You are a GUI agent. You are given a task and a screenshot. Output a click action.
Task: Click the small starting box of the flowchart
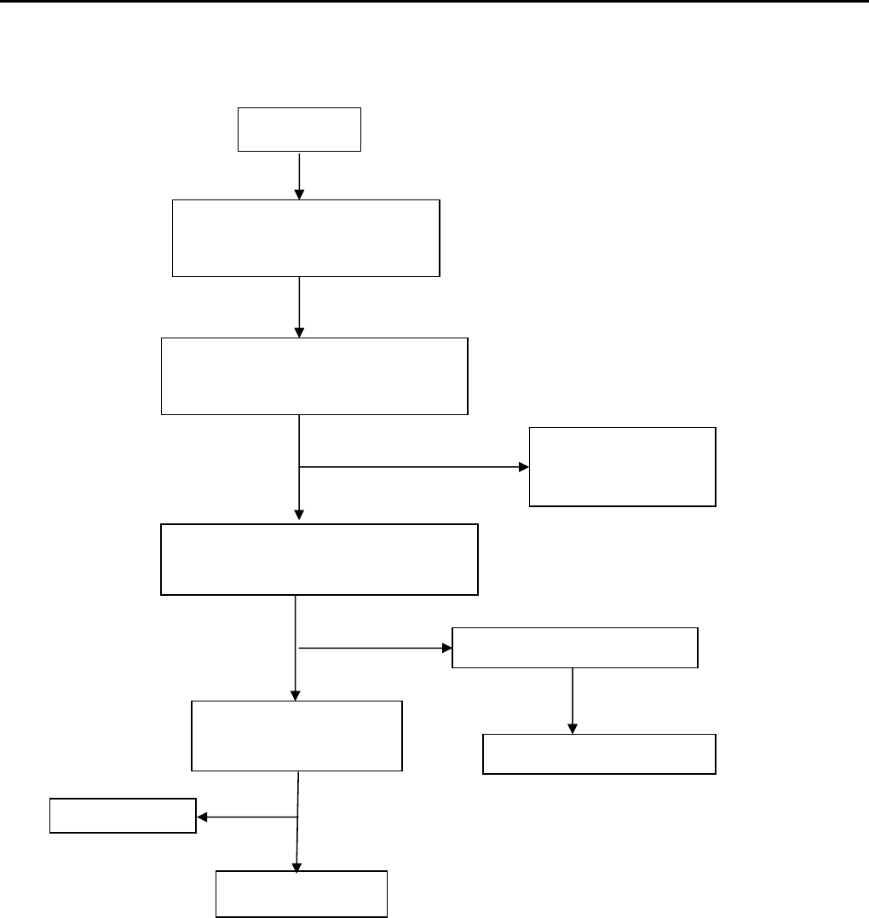point(299,130)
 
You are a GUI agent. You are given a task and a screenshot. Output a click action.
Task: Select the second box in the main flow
point(306,238)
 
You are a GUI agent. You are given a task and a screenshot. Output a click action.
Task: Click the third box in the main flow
point(314,376)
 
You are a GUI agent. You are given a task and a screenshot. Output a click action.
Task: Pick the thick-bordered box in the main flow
point(319,559)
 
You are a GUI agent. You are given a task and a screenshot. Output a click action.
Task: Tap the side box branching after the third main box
point(623,467)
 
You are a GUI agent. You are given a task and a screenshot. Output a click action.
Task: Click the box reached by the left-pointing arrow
point(123,816)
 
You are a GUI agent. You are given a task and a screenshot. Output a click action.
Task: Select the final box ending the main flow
point(302,894)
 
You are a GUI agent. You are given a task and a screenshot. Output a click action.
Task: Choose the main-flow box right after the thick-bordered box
point(296,736)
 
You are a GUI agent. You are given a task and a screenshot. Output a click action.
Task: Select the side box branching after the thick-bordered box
point(574,648)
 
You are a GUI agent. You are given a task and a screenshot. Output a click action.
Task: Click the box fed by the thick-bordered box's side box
point(599,753)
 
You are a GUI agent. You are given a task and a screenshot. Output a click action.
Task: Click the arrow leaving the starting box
point(299,176)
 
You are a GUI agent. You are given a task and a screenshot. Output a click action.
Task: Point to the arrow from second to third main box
point(299,307)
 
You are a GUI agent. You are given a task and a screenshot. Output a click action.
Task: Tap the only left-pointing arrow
point(247,817)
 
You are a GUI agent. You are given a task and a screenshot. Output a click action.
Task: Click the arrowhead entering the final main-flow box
point(296,865)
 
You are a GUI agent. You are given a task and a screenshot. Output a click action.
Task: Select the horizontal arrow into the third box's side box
point(414,467)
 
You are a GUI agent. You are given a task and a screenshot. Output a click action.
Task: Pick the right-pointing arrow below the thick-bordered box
point(375,648)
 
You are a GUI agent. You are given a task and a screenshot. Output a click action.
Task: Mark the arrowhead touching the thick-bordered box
point(299,514)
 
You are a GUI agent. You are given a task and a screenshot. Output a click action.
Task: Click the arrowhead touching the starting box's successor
point(299,194)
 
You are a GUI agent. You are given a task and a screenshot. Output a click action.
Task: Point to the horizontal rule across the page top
point(434,2)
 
